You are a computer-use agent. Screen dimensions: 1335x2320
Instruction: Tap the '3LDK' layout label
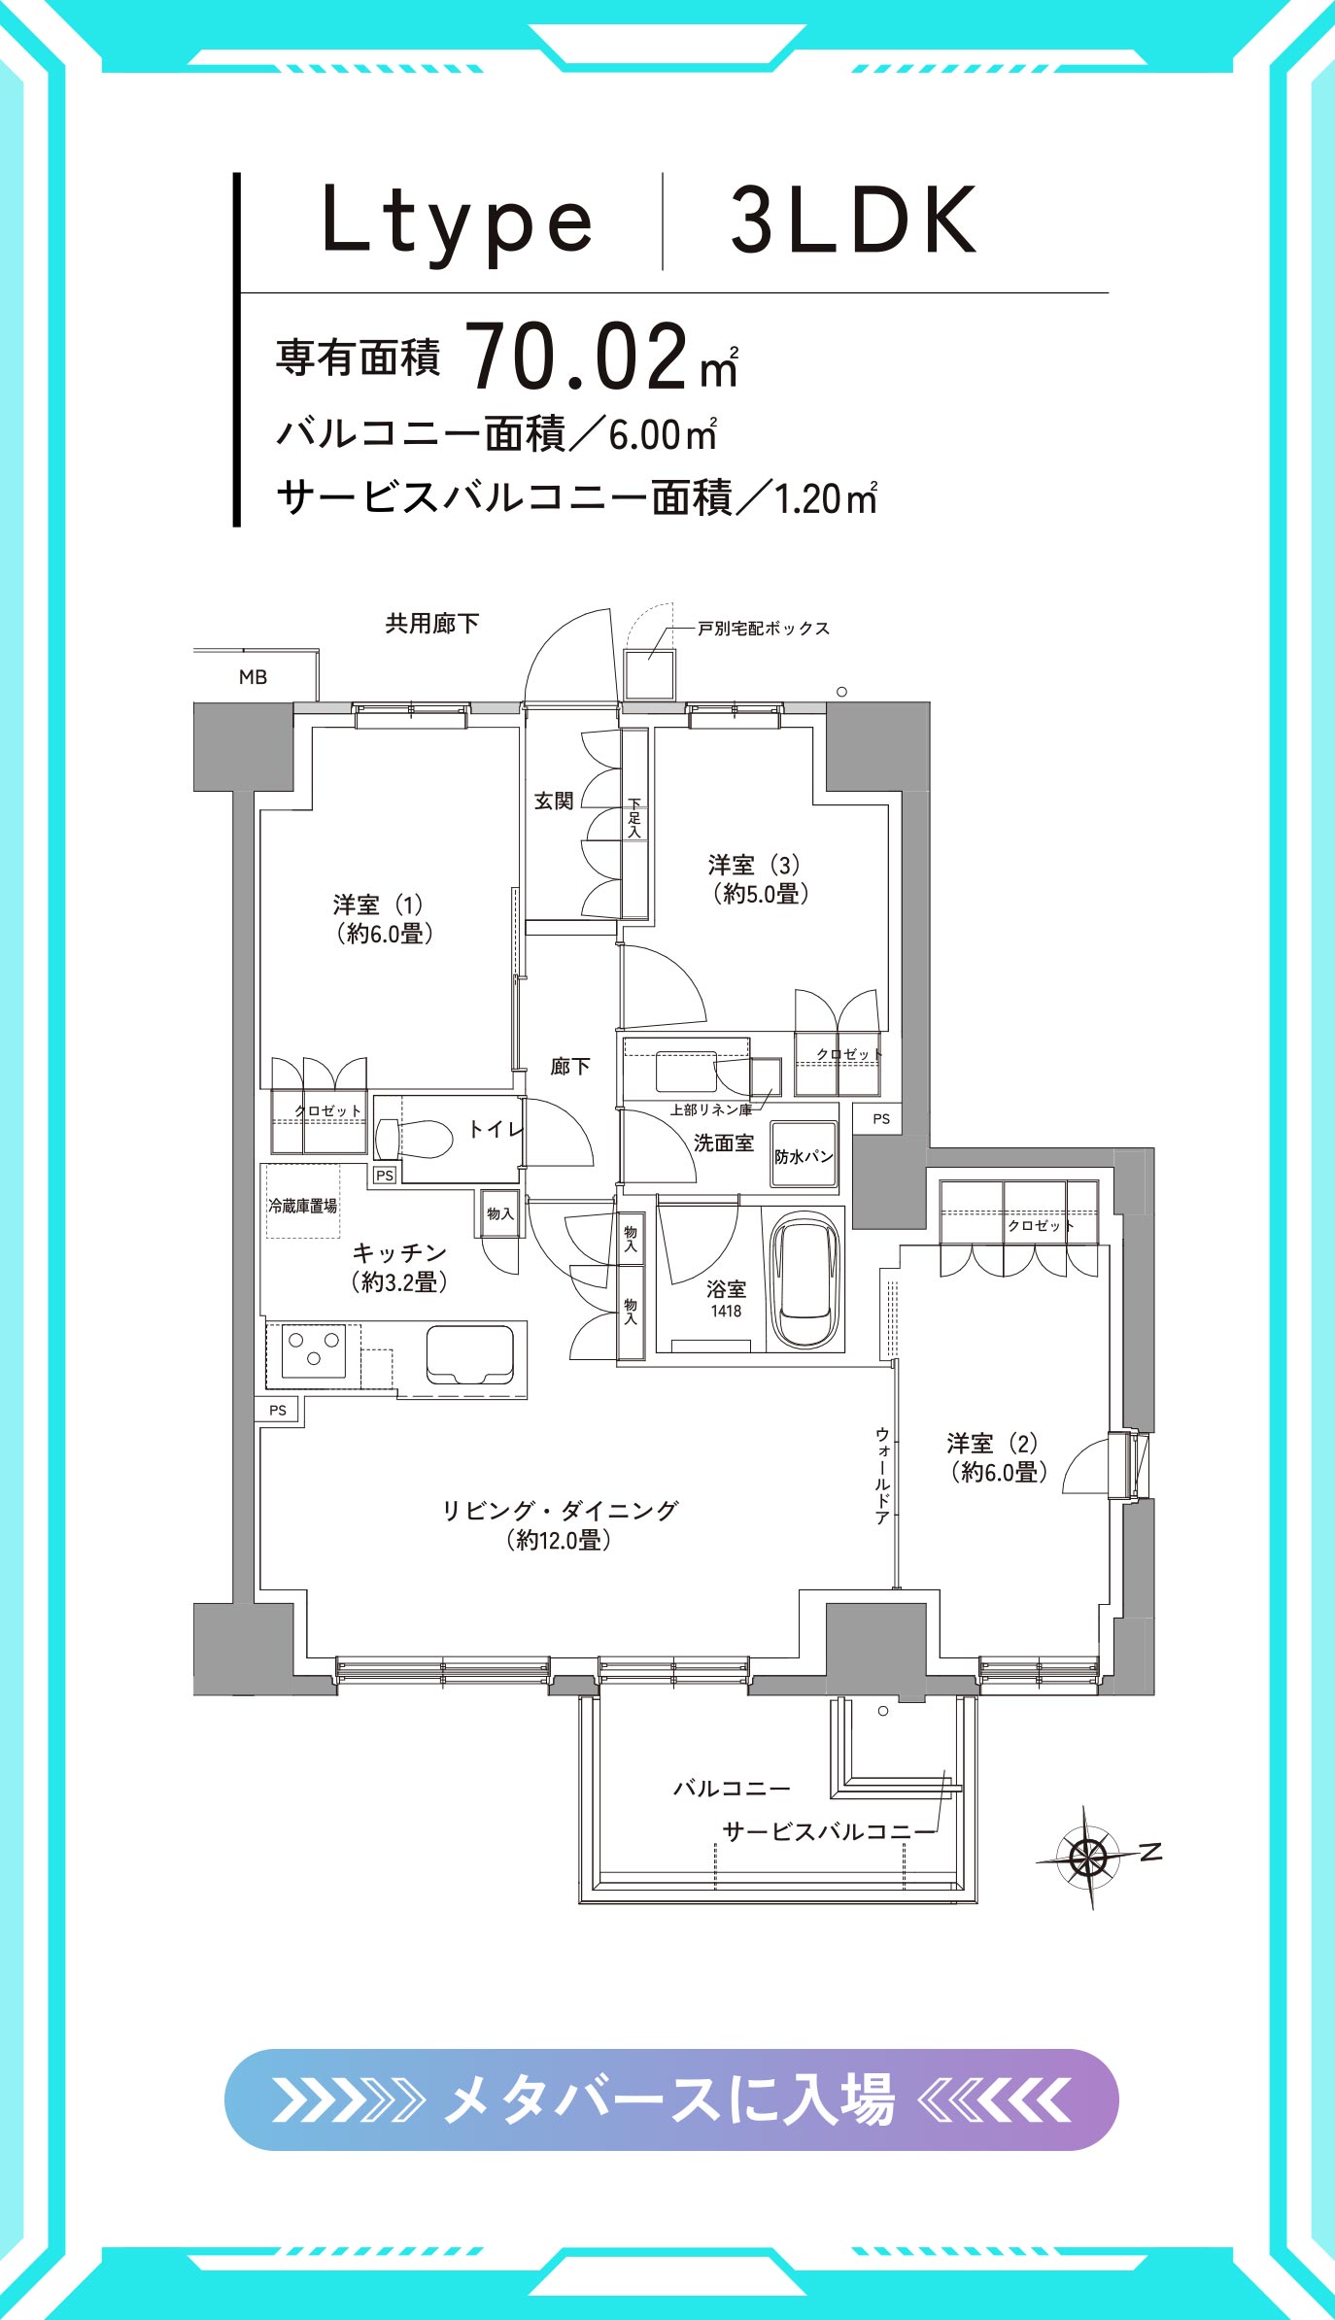click(x=853, y=221)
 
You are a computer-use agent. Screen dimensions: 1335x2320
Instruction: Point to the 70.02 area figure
click(x=577, y=357)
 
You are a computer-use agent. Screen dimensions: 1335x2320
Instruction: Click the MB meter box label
click(x=253, y=677)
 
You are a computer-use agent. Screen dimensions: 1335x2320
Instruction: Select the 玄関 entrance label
click(x=554, y=801)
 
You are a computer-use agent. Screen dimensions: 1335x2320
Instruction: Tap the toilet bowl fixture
click(x=415, y=1138)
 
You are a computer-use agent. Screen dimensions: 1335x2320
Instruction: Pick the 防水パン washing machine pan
click(x=804, y=1154)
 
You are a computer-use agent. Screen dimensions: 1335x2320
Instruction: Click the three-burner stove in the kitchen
click(x=314, y=1350)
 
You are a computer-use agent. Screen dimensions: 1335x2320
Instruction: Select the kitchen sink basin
click(x=469, y=1353)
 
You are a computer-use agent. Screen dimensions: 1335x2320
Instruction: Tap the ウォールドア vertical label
click(x=882, y=1475)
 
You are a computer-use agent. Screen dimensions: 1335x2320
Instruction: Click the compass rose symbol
click(x=1088, y=1857)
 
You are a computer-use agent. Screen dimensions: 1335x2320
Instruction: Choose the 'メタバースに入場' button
click(x=671, y=2099)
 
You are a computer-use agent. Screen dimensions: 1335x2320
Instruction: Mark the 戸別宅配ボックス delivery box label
click(x=764, y=629)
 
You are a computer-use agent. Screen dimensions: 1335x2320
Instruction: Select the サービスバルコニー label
click(x=817, y=1831)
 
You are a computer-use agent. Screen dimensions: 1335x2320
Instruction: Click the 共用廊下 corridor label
click(x=432, y=623)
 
